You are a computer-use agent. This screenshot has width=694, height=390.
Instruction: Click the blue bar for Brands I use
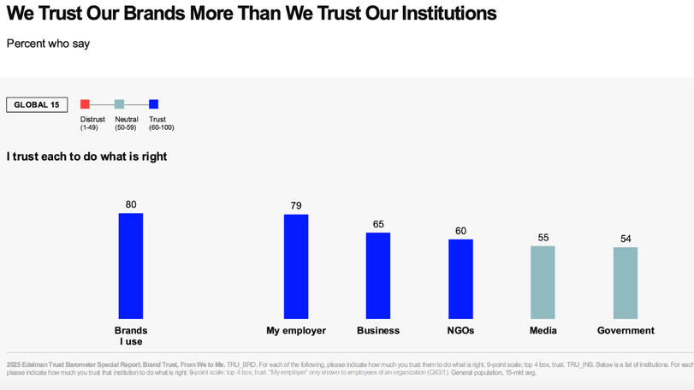pos(131,266)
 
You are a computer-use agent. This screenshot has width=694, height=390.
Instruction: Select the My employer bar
pos(296,267)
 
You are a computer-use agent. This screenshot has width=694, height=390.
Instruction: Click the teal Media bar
pos(543,283)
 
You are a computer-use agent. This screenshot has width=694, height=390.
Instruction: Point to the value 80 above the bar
pos(131,204)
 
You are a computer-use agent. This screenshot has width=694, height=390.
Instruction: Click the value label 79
pos(296,205)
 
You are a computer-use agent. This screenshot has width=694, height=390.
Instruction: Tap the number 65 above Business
pos(378,224)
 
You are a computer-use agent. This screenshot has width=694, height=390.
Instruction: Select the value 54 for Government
pos(626,239)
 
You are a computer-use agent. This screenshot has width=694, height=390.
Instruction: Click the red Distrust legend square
pos(85,104)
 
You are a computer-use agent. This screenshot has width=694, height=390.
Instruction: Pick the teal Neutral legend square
pos(119,104)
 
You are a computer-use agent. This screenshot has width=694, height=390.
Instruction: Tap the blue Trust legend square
pos(154,104)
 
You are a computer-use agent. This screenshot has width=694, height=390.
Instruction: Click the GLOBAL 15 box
pos(37,105)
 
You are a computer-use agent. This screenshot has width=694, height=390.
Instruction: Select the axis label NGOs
pos(460,330)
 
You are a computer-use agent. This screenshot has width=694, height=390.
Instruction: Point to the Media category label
pos(543,330)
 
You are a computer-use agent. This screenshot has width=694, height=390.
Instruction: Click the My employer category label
pos(296,330)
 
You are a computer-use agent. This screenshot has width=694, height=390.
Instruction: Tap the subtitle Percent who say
pos(48,44)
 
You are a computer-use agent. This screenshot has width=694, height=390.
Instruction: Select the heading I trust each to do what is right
pos(86,157)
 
